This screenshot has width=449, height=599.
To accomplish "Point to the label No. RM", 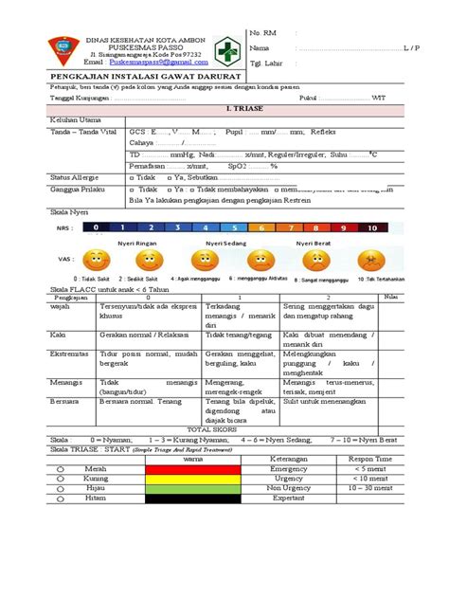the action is click(x=262, y=32).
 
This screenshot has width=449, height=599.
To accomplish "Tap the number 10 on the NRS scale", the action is click(x=372, y=228).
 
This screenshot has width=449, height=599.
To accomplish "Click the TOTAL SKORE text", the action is click(x=213, y=428).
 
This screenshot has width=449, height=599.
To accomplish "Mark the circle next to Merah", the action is click(x=58, y=468).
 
